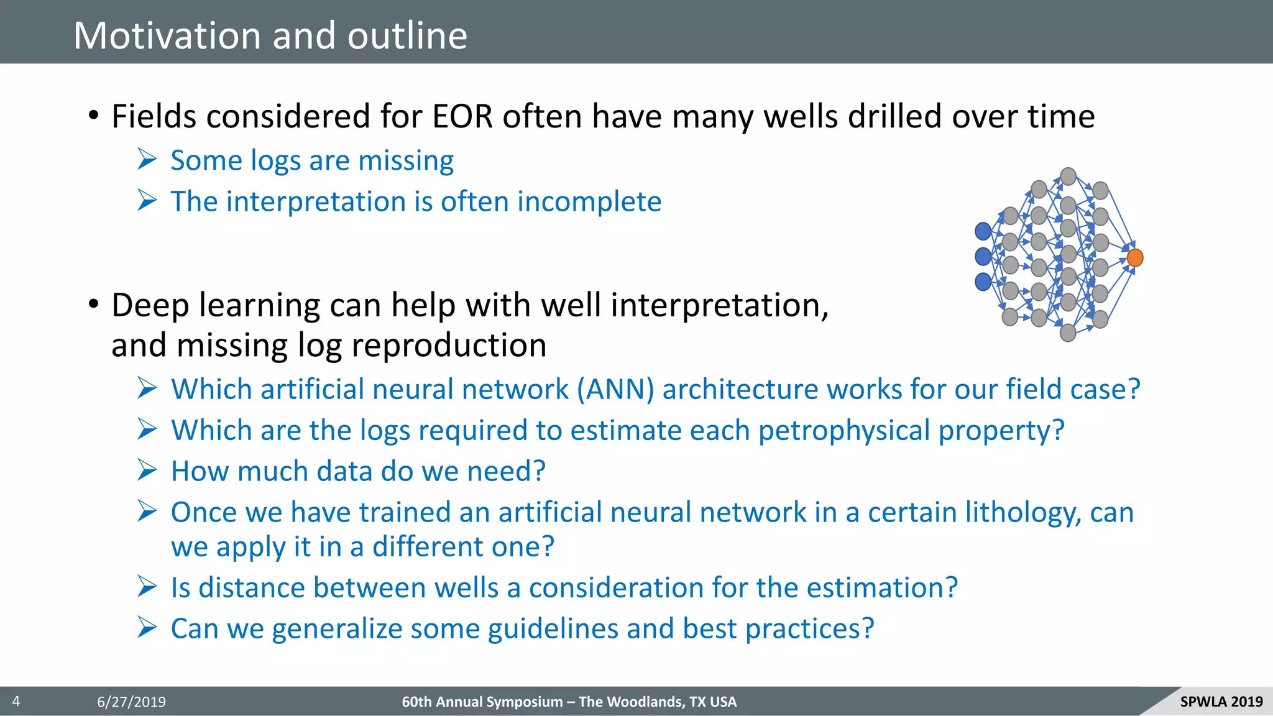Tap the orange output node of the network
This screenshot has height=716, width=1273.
[x=1135, y=257]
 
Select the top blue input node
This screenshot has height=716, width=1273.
[x=983, y=231]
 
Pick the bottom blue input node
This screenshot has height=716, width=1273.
[x=983, y=282]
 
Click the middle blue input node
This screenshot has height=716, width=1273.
[x=983, y=256]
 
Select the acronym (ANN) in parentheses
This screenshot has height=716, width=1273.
[x=615, y=390]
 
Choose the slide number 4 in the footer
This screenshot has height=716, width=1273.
[x=16, y=702]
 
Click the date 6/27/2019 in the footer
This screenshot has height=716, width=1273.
[x=131, y=702]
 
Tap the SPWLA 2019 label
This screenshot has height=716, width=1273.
[x=1221, y=702]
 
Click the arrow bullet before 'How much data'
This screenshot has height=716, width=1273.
[x=147, y=470]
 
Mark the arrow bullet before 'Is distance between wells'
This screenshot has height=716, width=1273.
[x=147, y=587]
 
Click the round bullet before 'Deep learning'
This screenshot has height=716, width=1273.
[x=93, y=305]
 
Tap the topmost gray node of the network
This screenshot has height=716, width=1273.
[x=1068, y=176]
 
